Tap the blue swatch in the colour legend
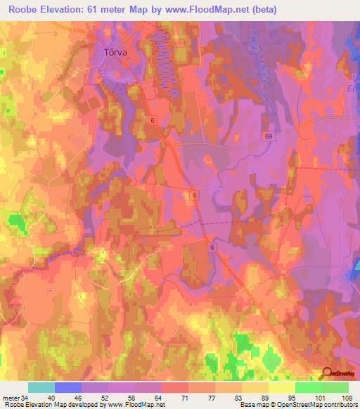(x=68, y=387)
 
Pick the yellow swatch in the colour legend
(x=281, y=387)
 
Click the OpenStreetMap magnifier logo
(x=326, y=375)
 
